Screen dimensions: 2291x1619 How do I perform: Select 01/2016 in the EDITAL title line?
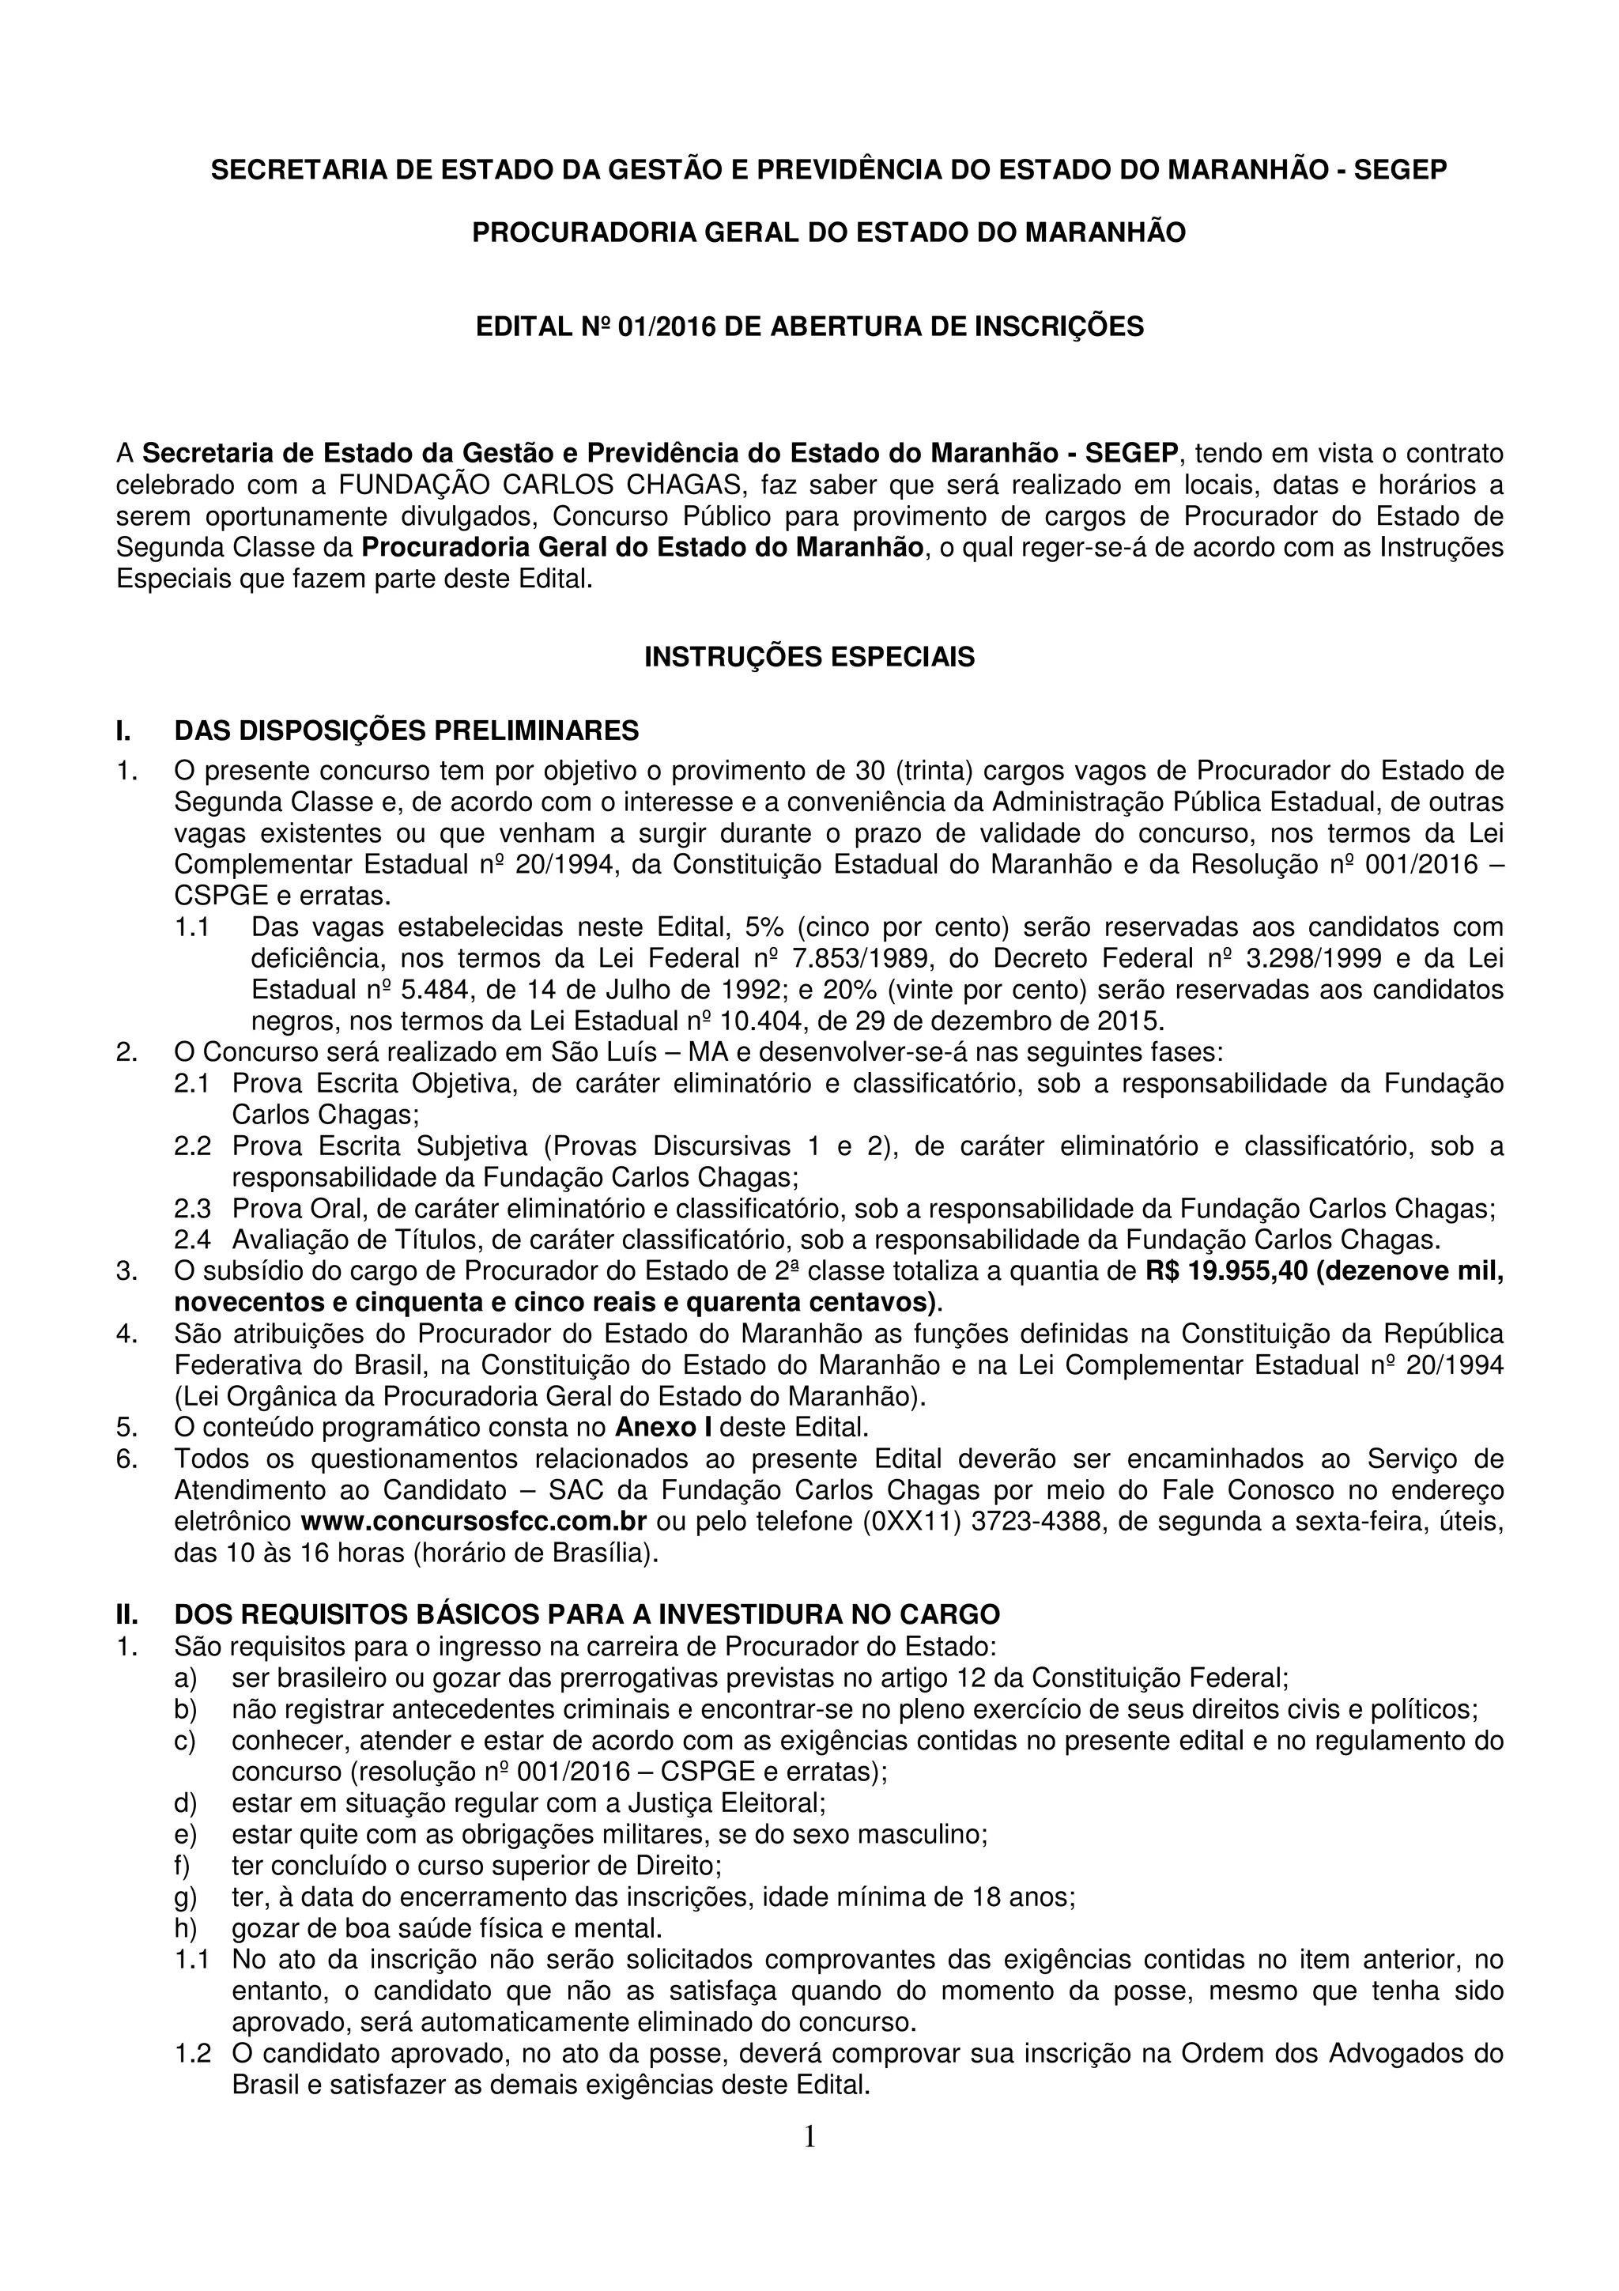coord(667,327)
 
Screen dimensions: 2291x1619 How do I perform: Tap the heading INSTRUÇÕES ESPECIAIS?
coord(809,658)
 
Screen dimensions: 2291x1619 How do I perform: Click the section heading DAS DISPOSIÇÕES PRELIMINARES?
coord(406,731)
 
